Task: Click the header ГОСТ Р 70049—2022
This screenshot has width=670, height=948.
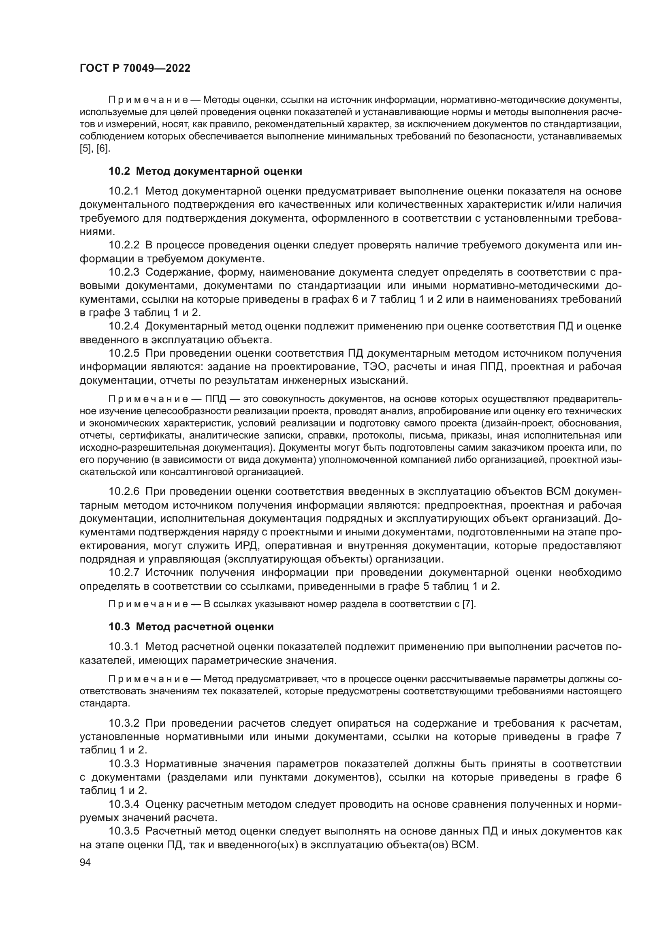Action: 135,68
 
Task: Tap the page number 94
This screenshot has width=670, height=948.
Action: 85,862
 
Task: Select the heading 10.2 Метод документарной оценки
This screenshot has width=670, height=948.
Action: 205,171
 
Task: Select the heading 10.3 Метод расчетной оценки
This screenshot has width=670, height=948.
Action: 191,627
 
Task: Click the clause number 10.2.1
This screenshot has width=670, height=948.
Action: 124,191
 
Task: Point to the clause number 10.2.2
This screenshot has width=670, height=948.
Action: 124,245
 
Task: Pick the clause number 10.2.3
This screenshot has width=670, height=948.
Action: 124,272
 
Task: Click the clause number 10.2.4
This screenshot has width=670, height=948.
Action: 124,326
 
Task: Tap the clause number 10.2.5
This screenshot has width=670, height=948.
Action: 124,353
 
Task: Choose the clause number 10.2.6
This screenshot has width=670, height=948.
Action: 124,492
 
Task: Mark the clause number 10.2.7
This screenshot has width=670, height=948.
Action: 124,573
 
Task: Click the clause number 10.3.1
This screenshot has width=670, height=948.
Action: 124,646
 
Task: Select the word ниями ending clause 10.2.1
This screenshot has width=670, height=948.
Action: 95,232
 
